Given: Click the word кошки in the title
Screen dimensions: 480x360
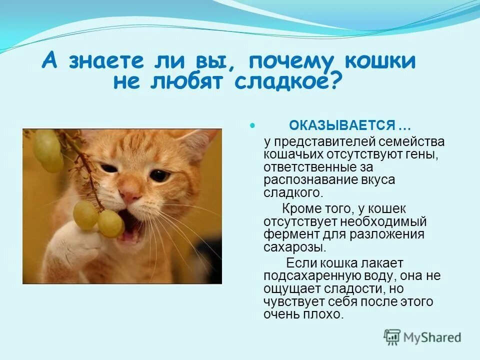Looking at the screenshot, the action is tap(380, 61).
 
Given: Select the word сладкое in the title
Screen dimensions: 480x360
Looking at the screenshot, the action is tap(282, 81).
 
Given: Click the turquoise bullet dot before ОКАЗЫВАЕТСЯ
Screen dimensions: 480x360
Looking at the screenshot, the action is tap(252, 125).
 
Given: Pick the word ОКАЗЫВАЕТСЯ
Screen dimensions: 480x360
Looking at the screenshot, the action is tap(342, 125).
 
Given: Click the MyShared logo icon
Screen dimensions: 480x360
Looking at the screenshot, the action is tap(392, 337).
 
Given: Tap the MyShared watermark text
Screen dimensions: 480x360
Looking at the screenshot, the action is tap(432, 337).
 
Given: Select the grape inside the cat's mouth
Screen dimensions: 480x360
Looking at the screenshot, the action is tap(110, 223).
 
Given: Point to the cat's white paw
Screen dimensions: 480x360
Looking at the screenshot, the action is tap(73, 245).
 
